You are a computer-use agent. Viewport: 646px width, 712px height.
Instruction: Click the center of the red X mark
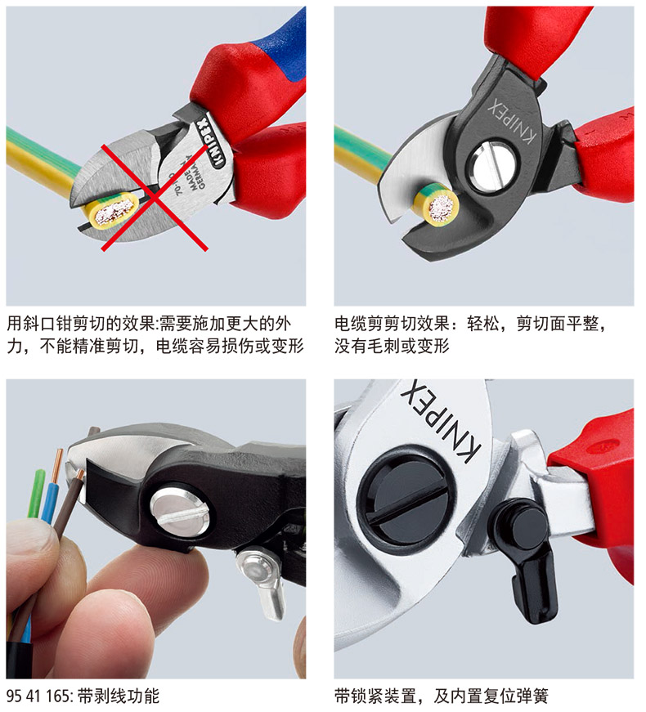click(x=155, y=198)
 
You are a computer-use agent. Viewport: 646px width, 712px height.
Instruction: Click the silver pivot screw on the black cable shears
click(x=493, y=165)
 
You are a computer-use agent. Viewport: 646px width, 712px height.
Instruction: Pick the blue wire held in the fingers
click(x=49, y=497)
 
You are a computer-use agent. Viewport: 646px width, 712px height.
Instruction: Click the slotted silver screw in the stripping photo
click(x=180, y=512)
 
